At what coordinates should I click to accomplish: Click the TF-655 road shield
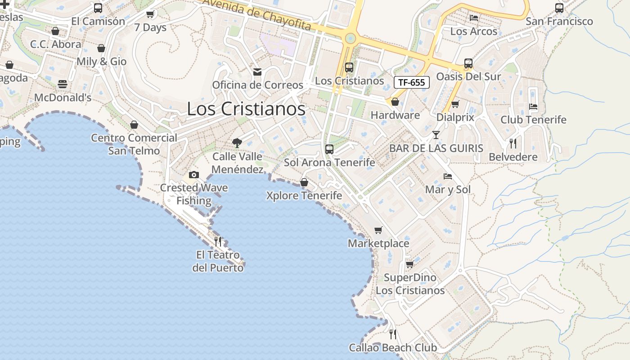coord(411,82)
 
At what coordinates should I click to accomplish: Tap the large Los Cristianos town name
coord(246,109)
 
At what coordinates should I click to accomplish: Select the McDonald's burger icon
coord(62,84)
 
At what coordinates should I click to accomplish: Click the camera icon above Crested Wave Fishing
coord(194,175)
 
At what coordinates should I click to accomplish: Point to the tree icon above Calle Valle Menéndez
coord(237,143)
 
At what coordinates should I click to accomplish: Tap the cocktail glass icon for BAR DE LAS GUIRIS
coord(436,135)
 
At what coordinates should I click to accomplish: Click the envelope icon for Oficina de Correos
coord(257,72)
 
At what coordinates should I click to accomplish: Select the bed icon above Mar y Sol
coord(447,176)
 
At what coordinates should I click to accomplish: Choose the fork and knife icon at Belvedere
coord(513,144)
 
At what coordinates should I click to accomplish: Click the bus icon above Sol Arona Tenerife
coord(329,149)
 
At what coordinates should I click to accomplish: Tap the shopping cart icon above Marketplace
coord(378,230)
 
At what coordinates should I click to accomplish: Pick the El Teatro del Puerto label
coord(218,261)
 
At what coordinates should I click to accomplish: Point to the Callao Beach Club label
coord(393,348)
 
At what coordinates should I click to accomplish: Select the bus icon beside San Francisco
coord(559,8)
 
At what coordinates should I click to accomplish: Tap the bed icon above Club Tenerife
coord(533,107)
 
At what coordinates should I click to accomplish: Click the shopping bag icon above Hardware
coord(395,102)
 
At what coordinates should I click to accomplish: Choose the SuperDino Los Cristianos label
coord(410,284)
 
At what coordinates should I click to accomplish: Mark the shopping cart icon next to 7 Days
coord(150,14)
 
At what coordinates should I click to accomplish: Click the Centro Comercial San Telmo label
coord(134,144)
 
